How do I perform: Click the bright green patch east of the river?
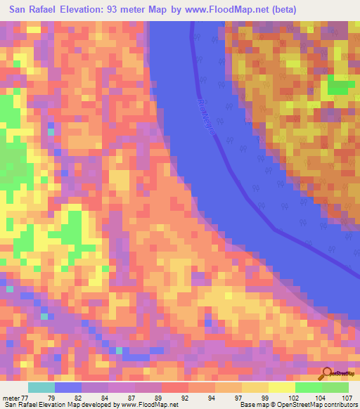(x=341, y=88)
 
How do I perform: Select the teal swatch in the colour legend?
(x=41, y=388)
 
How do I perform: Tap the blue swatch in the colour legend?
(x=68, y=388)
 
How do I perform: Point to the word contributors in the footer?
(x=337, y=405)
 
